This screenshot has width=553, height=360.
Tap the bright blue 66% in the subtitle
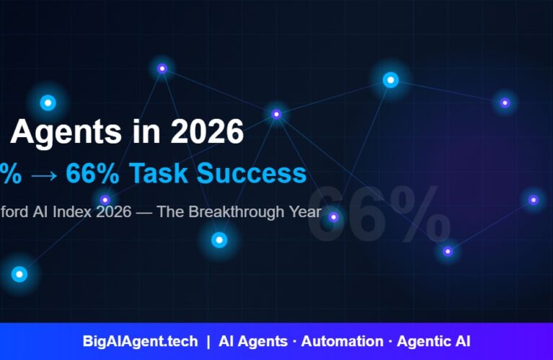pyautogui.click(x=92, y=173)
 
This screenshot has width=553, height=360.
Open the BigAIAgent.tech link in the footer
pyautogui.click(x=140, y=341)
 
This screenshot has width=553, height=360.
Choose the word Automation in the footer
pyautogui.click(x=342, y=341)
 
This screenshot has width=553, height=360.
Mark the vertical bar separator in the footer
pyautogui.click(x=208, y=341)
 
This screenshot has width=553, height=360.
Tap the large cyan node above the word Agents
pyautogui.click(x=48, y=103)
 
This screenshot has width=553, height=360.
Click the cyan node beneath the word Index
pyautogui.click(x=219, y=240)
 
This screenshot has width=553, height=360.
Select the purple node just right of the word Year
pyautogui.click(x=333, y=216)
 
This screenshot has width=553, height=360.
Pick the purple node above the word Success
pyautogui.click(x=276, y=114)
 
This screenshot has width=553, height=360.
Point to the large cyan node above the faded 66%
pyautogui.click(x=390, y=80)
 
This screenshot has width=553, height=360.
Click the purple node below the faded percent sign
pyautogui.click(x=448, y=251)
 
